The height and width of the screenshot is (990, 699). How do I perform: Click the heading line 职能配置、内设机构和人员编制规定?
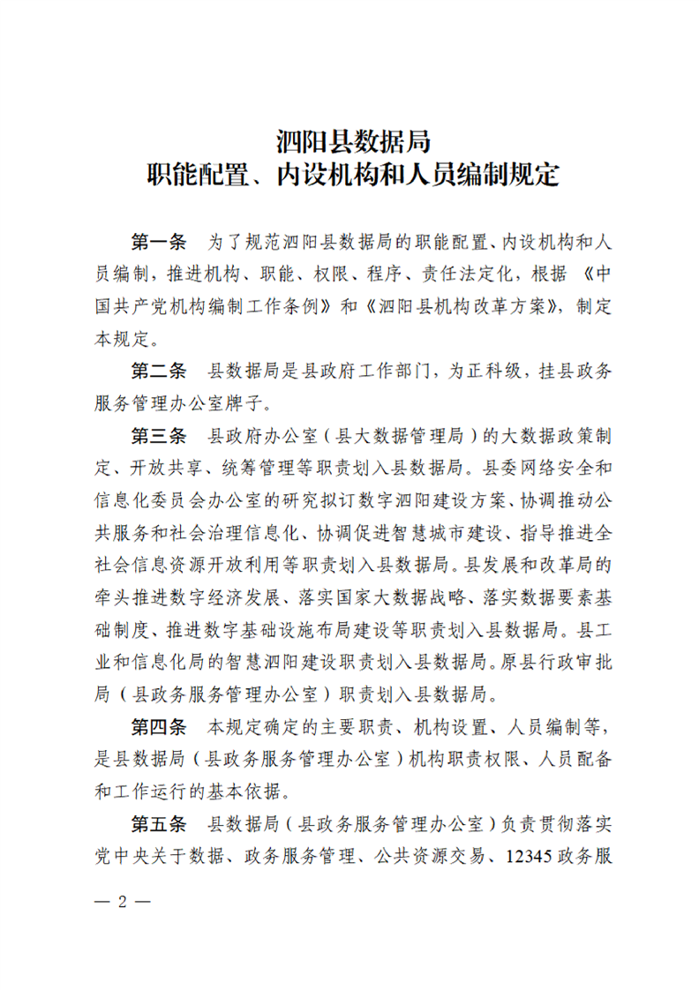352,174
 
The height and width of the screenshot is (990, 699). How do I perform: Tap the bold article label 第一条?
160,242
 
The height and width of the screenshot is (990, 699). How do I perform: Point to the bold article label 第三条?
160,436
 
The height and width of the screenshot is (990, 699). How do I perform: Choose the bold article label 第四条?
160,728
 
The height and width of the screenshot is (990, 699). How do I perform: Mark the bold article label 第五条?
160,825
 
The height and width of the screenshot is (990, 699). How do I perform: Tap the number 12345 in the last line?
517,857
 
